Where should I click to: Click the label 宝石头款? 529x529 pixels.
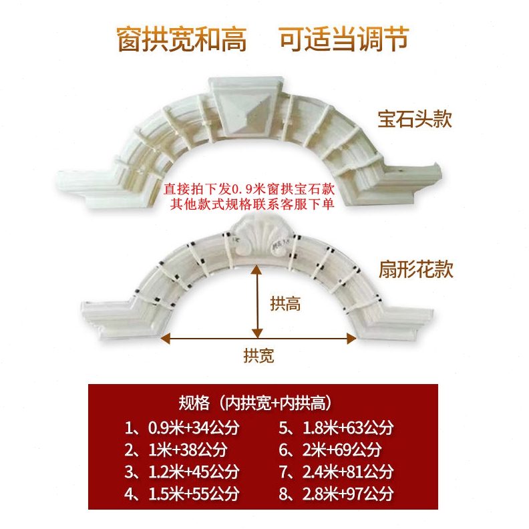pyautogui.click(x=415, y=120)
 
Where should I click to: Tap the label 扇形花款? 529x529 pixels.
pyautogui.click(x=415, y=269)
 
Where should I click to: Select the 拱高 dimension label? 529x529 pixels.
pyautogui.click(x=285, y=304)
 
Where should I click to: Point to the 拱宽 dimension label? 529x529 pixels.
pyautogui.click(x=258, y=355)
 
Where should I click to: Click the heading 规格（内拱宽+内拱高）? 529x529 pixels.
pyautogui.click(x=256, y=403)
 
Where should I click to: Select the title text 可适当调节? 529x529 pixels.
pyautogui.click(x=343, y=39)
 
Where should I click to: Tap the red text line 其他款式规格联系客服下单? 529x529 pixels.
pyautogui.click(x=252, y=204)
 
